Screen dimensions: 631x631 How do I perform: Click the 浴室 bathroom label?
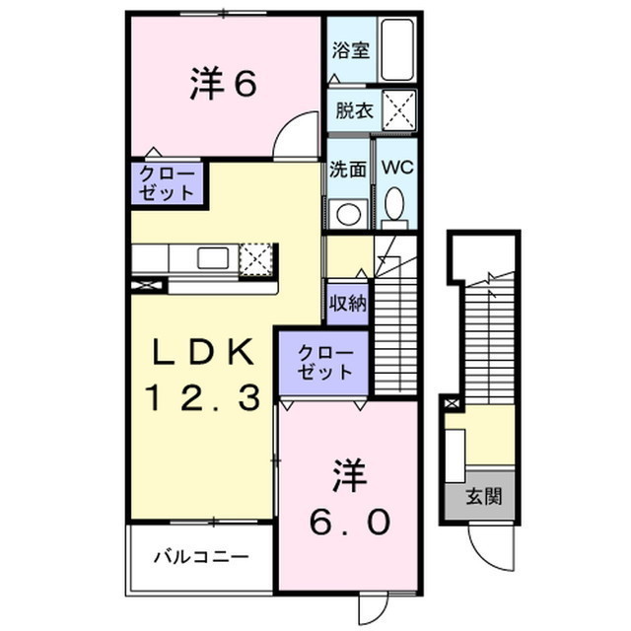pos(352,49)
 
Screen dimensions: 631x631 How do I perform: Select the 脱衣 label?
pos(352,110)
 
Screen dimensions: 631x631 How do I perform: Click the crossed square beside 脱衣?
pos(398,109)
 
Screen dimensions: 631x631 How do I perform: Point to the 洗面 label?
pos(348,168)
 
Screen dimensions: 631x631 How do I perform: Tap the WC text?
pos(397,168)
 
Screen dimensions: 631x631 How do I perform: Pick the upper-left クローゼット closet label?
pos(167,183)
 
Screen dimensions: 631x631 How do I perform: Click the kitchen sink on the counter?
pos(213,258)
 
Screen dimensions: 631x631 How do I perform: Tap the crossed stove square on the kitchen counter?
pos(254,257)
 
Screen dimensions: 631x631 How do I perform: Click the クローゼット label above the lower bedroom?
pos(324,362)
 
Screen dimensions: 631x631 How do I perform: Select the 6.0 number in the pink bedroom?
pos(353,522)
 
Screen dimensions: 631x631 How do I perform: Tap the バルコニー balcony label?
pos(200,556)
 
